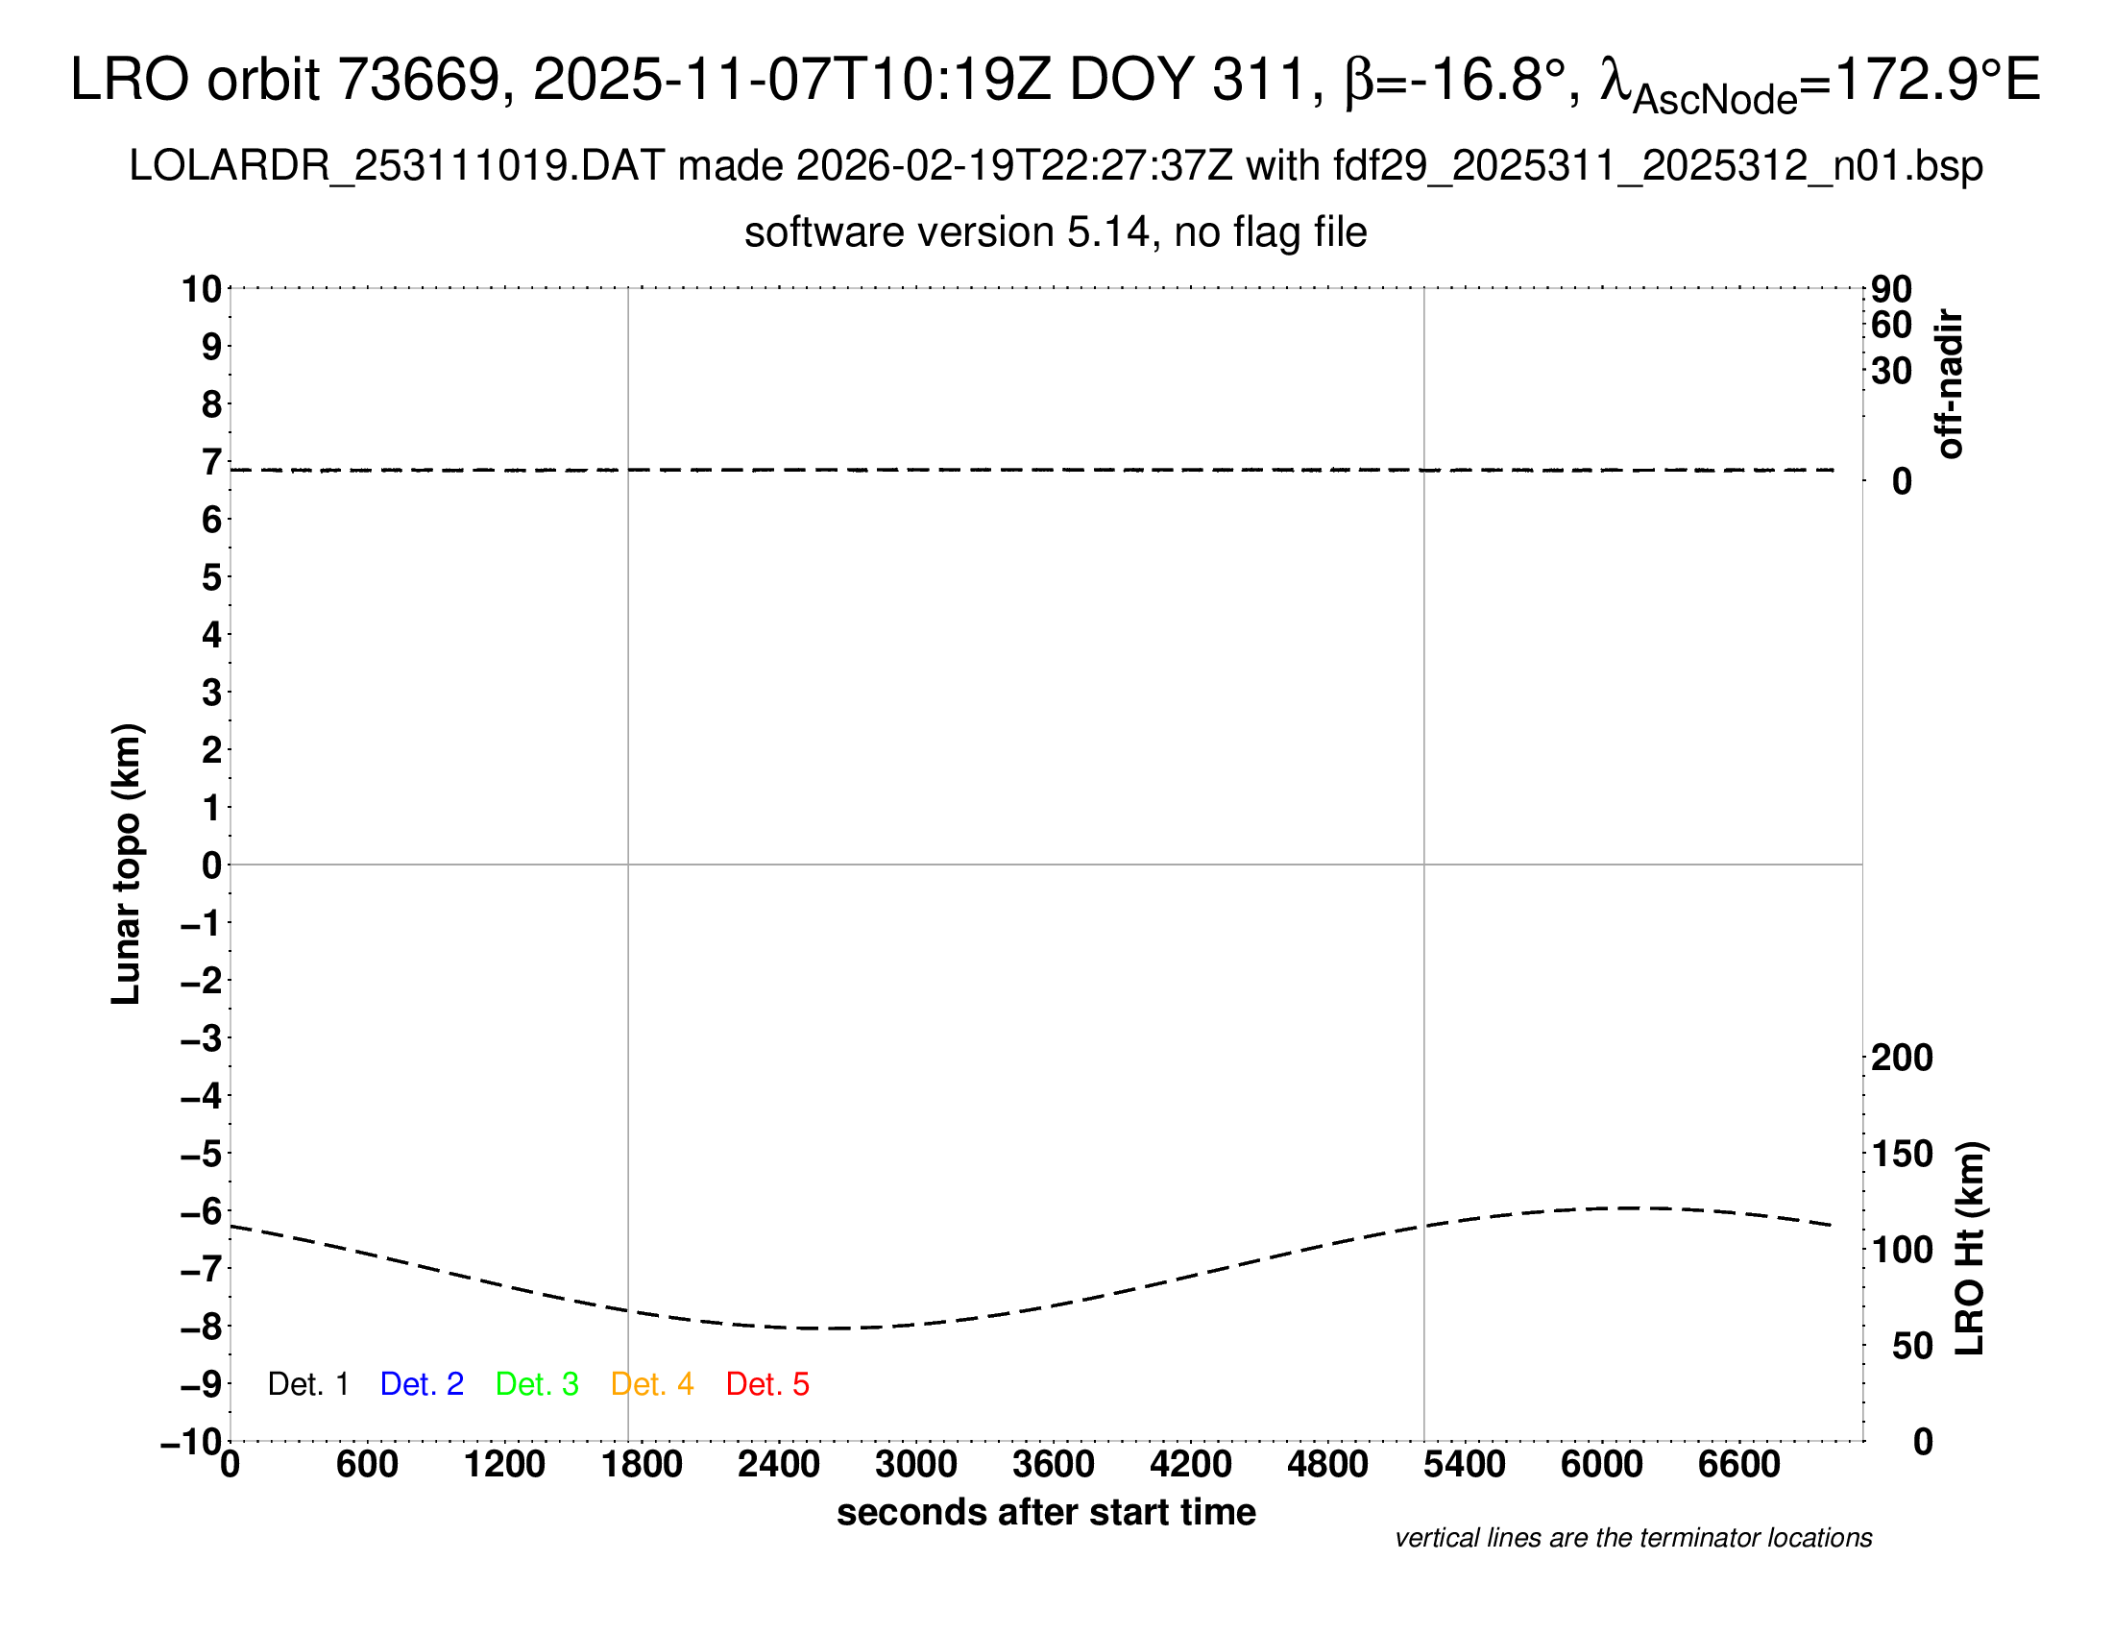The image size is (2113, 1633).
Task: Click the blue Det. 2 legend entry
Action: (422, 1384)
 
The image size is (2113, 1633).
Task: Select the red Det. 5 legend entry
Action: (767, 1384)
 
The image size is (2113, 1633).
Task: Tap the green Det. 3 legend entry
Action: (537, 1384)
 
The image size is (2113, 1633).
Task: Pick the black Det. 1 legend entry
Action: (307, 1384)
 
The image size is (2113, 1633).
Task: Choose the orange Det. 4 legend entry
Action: (652, 1384)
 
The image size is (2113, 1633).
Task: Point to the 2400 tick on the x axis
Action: (779, 1464)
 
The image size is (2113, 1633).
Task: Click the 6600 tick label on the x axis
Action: (1738, 1464)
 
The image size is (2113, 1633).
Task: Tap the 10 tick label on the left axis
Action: (203, 288)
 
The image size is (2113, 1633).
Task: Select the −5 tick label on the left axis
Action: (202, 1153)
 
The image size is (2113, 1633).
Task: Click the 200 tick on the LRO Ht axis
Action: (1902, 1058)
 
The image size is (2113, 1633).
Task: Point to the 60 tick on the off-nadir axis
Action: (1891, 325)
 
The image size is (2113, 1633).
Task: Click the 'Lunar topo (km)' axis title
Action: (127, 864)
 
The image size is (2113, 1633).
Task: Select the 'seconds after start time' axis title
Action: (1046, 1512)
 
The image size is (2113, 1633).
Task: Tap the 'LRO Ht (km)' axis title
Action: (1970, 1249)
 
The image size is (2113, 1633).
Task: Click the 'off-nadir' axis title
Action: (1950, 384)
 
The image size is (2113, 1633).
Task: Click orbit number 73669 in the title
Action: (417, 80)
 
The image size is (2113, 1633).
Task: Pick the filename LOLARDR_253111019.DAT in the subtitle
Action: (396, 166)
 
